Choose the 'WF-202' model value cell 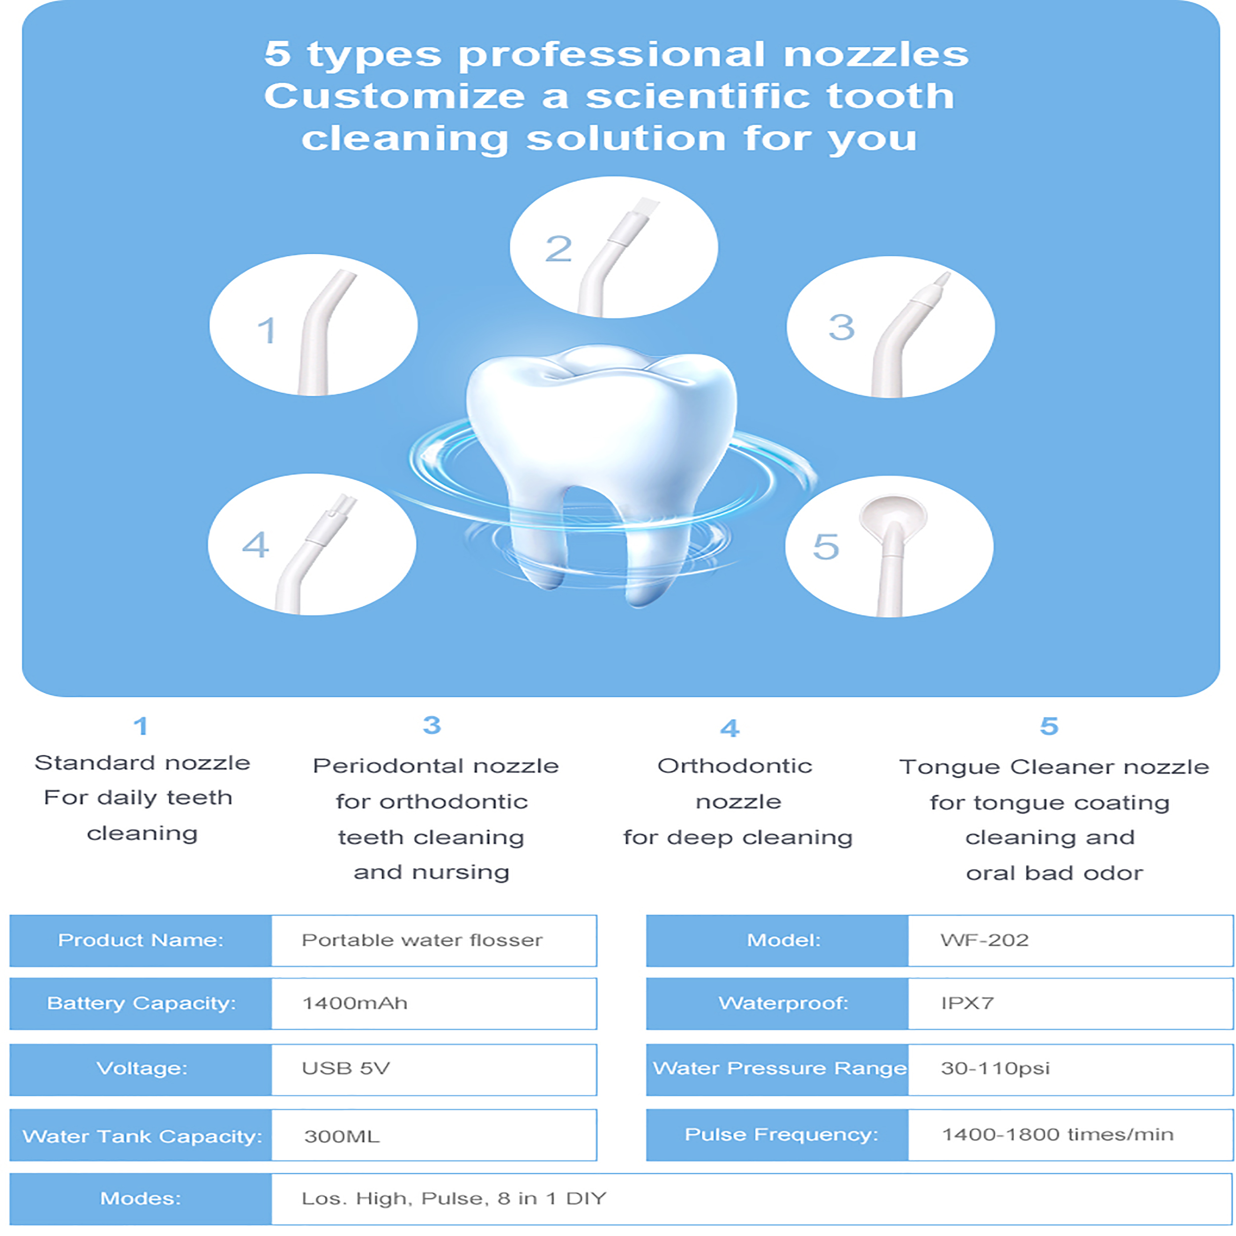[1070, 940]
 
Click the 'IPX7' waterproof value [968, 1003]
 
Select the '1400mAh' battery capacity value [354, 1003]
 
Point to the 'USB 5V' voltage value [346, 1068]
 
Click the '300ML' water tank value [342, 1137]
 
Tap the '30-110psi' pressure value [995, 1068]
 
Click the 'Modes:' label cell [141, 1199]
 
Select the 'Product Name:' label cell [141, 940]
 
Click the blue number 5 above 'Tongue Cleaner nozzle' [1049, 726]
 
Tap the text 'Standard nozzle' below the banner [142, 762]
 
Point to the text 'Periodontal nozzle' [436, 766]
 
